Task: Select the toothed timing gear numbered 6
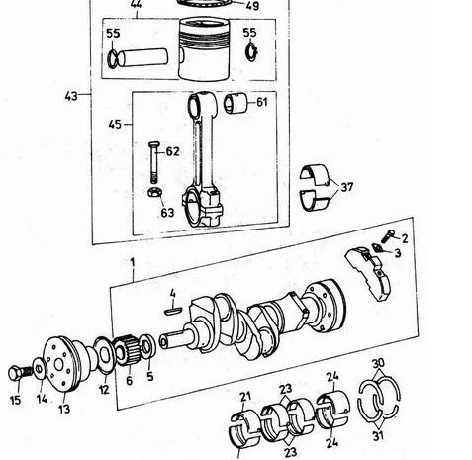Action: (x=127, y=350)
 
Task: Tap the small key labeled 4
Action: (x=173, y=310)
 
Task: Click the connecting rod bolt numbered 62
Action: (x=153, y=162)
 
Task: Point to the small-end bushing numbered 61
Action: (x=236, y=103)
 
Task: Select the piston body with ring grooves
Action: (x=204, y=49)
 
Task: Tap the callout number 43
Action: (x=71, y=96)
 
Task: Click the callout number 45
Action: (x=115, y=125)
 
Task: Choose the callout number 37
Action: (x=346, y=187)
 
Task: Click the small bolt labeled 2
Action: (x=389, y=236)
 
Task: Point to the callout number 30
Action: (x=378, y=363)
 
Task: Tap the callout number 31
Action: (x=378, y=435)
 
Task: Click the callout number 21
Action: (x=245, y=397)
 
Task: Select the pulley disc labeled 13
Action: (x=62, y=364)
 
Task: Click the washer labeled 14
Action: (x=41, y=369)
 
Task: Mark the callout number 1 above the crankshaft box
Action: (x=133, y=263)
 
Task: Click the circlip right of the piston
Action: (x=251, y=51)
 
